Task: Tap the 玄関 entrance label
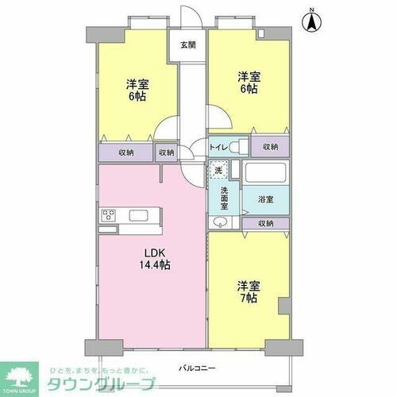point(187,44)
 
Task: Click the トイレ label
point(218,147)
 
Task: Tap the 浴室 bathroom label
point(265,198)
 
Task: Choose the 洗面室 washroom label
point(225,198)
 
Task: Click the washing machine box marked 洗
point(219,170)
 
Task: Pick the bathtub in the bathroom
point(265,174)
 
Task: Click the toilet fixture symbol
point(237,147)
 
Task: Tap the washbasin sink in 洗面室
point(218,224)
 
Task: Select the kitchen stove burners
point(110,215)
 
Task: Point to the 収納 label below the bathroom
point(266,224)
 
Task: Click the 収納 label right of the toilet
point(271,147)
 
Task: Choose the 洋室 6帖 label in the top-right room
point(248,83)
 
